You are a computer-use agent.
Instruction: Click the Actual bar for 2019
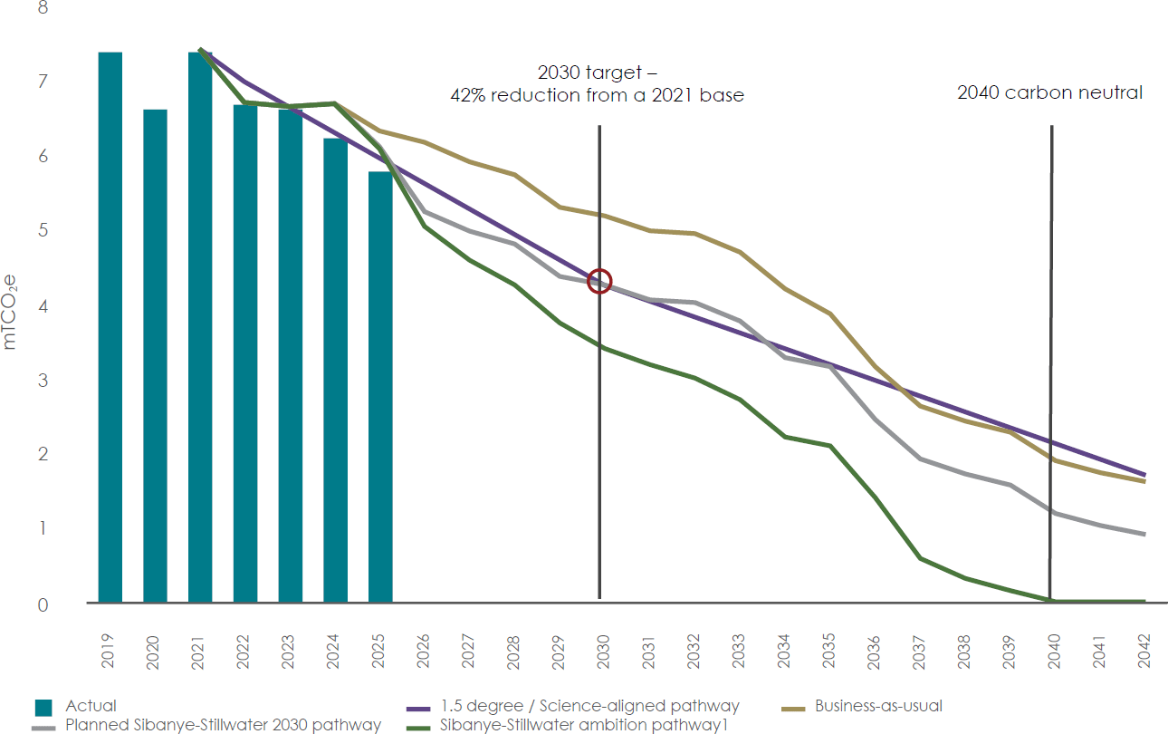(110, 327)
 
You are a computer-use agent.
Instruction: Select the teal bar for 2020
(156, 356)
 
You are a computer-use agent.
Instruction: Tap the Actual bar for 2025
(380, 387)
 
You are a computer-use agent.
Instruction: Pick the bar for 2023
(291, 356)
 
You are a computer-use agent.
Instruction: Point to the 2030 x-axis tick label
(603, 651)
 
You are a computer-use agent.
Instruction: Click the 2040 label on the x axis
(1053, 651)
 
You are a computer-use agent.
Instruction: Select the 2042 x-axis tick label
(1144, 651)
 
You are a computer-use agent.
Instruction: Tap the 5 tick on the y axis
(43, 230)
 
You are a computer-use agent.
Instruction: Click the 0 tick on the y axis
(43, 605)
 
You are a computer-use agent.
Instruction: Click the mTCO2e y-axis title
(9, 312)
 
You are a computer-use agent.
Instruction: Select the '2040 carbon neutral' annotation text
(1049, 92)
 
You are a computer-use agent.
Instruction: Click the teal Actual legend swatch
(43, 708)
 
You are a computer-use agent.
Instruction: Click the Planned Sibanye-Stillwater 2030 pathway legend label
(223, 725)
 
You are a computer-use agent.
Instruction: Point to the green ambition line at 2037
(919, 559)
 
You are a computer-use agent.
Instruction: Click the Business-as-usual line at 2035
(829, 314)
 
